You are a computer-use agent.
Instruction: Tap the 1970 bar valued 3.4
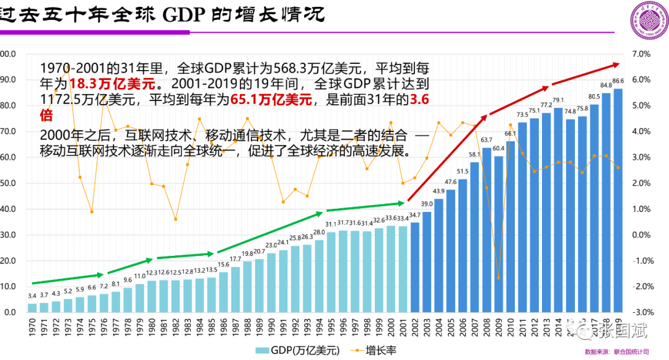(x=32, y=307)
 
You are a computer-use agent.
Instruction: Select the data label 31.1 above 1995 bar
(x=331, y=224)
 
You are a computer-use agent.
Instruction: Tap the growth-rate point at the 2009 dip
(x=498, y=278)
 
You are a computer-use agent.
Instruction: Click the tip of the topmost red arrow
(x=619, y=63)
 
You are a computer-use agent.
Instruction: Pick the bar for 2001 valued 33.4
(x=403, y=269)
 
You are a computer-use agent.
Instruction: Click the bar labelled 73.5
(x=522, y=217)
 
